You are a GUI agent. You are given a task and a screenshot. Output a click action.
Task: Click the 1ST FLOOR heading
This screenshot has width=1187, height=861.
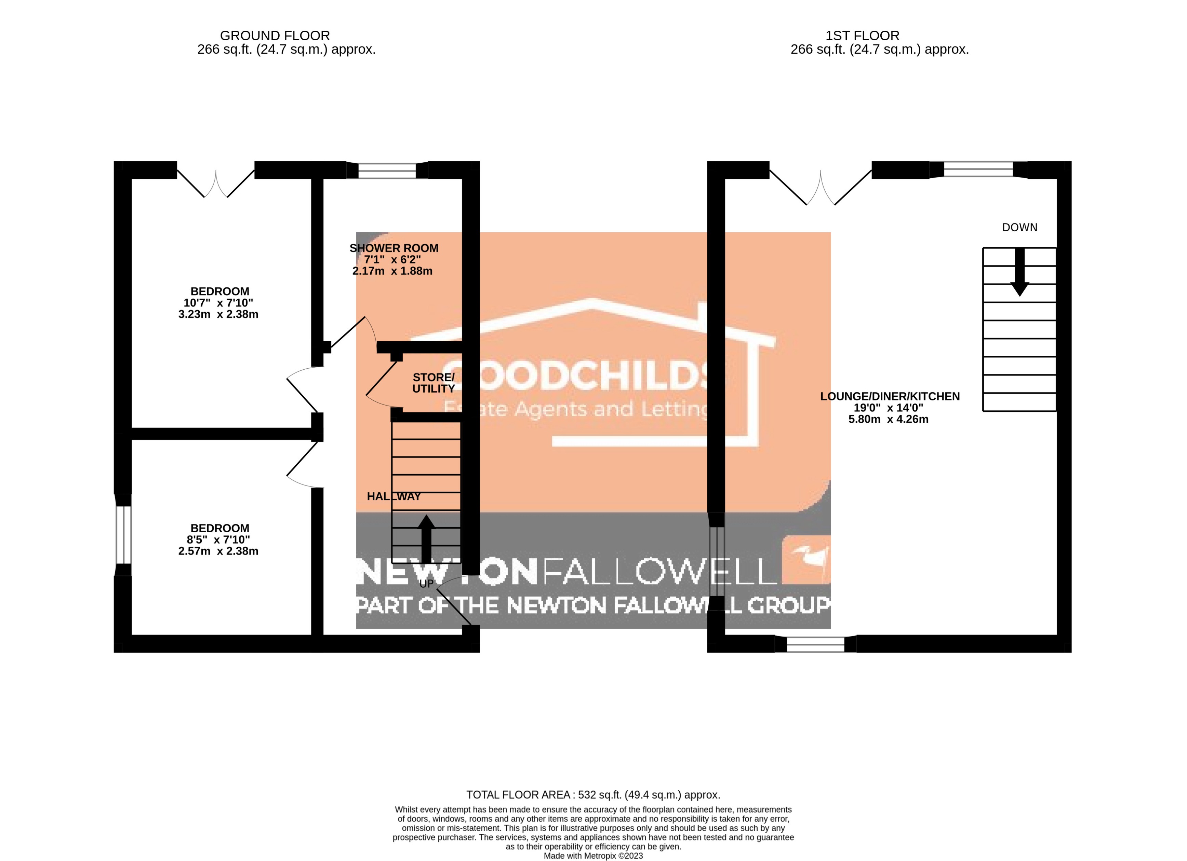(862, 36)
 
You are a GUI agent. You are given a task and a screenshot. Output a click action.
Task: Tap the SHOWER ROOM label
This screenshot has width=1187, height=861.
(394, 248)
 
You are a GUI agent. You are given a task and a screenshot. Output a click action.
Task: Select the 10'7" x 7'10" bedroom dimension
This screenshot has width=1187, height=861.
(218, 303)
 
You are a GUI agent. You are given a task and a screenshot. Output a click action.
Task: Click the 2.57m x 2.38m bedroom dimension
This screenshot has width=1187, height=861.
(218, 551)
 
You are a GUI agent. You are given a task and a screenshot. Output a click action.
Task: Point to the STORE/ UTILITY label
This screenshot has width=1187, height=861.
(434, 383)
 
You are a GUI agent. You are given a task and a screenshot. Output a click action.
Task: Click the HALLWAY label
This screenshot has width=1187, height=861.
(394, 496)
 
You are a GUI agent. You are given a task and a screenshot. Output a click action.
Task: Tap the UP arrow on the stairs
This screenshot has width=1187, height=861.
(427, 539)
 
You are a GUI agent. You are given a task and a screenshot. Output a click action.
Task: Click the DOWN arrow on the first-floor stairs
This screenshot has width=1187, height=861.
(1019, 272)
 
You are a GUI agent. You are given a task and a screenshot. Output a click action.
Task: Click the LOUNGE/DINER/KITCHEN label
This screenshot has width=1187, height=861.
(889, 396)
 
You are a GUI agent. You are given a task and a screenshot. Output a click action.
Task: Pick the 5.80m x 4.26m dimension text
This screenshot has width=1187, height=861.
(888, 419)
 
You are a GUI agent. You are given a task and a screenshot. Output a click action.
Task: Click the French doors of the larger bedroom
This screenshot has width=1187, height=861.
(216, 180)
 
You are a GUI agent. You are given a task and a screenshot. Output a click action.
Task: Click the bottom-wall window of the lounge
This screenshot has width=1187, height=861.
(815, 644)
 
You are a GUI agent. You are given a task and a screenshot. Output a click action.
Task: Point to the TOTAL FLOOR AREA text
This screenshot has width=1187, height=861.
(593, 795)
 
